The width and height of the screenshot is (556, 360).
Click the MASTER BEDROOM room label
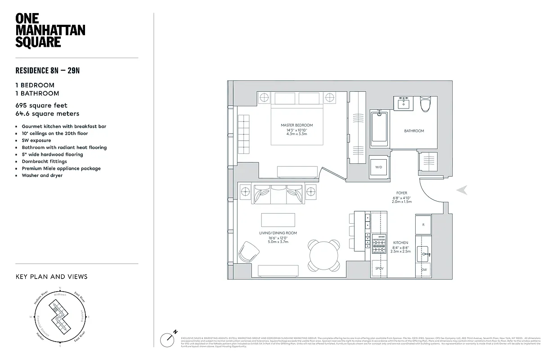pos(296,125)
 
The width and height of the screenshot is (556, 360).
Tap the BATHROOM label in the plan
pos(414,131)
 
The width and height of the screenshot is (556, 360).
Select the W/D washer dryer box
pos(378,167)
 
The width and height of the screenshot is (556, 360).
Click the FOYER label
pos(402,193)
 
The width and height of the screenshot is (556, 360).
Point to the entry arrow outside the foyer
pos(462,190)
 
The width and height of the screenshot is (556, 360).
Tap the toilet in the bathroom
pos(426,104)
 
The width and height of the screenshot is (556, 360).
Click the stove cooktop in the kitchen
pos(379,243)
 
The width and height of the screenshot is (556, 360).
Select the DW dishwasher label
pos(423,270)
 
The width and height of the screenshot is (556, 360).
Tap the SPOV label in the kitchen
pos(379,269)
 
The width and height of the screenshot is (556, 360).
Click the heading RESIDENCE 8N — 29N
pos(48,70)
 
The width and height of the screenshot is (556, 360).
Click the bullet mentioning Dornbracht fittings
pos(44,162)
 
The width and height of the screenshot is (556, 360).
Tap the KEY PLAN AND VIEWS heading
pos(51,277)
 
